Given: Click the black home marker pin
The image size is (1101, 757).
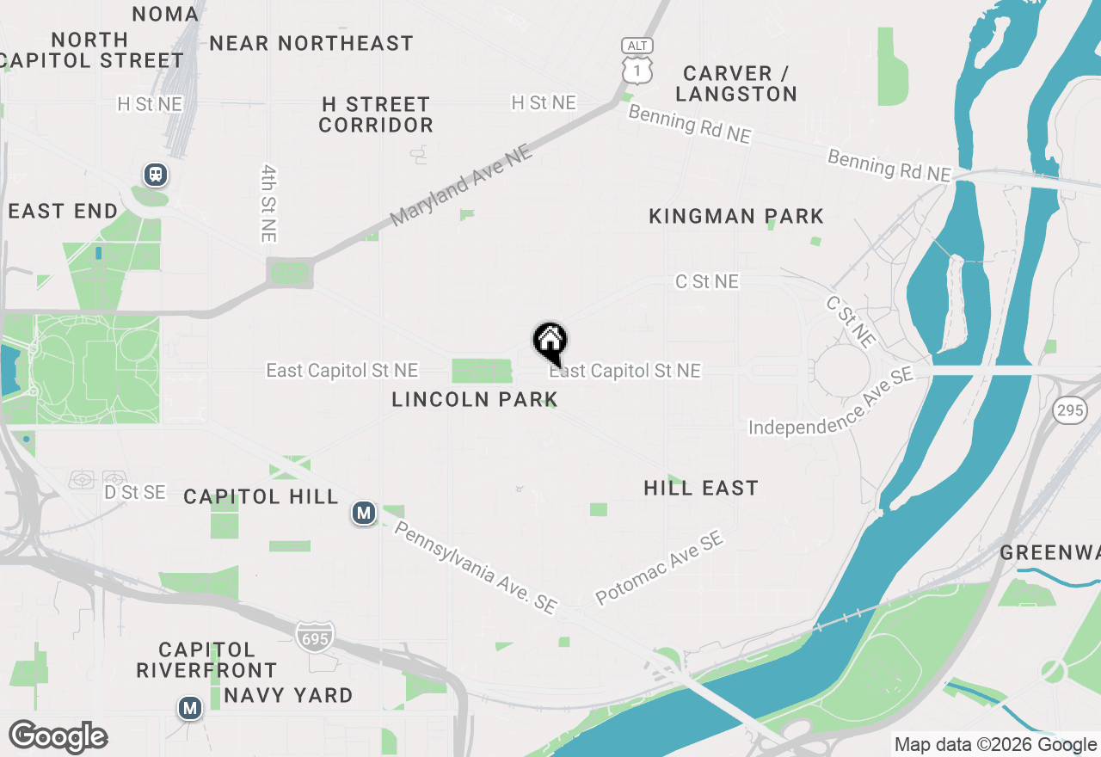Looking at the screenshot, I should pos(550,343).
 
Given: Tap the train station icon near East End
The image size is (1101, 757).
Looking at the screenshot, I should pos(156,175).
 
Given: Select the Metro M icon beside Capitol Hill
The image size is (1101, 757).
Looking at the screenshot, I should pos(364,514).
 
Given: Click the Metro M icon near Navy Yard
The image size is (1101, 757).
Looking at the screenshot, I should pos(189,708).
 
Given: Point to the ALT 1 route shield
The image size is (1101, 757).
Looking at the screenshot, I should pos(637,59).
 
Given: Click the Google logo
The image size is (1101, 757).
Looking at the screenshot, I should pos(58,736).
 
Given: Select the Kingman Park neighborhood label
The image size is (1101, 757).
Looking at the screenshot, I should pos(736,216).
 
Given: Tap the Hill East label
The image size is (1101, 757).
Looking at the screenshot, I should pos(701,489).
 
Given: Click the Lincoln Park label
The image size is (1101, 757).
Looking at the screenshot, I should pos(475,399).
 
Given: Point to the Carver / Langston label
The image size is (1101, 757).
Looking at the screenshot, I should pos(736,83).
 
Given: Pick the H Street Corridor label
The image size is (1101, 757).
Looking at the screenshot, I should pos(376,114).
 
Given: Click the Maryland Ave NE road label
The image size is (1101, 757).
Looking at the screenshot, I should pos(462,187).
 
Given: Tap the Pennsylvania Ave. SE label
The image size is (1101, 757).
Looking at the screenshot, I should pos(475,566).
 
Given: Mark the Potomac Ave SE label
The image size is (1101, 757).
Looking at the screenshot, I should pos(660,568).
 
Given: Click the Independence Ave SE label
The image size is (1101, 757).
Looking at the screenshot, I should pos(831,404).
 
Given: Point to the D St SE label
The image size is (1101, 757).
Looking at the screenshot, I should pos(135,492).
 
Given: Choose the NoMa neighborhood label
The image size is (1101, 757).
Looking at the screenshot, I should pos(166,14).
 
